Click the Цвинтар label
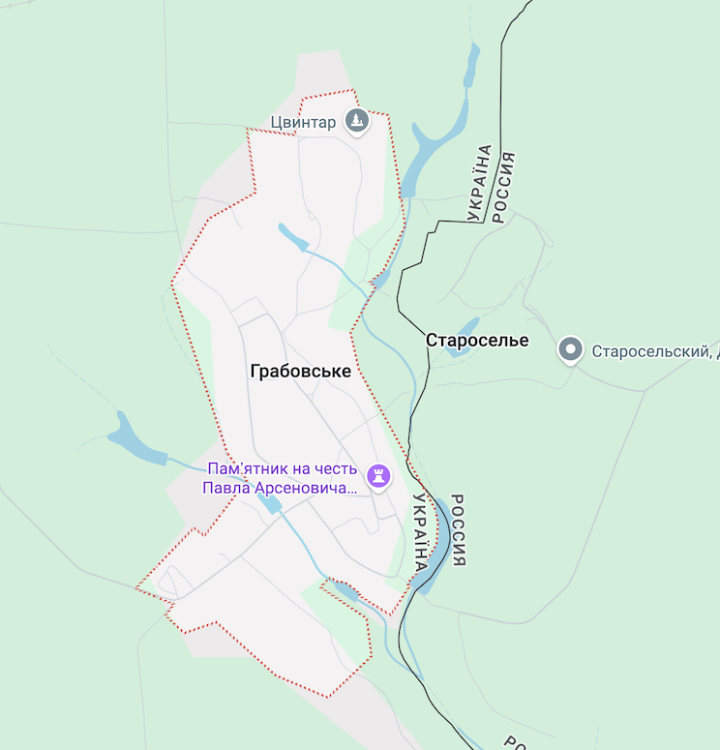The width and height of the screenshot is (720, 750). click(303, 122)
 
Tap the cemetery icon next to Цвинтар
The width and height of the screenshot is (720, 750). click(358, 122)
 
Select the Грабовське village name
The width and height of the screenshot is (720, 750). click(300, 371)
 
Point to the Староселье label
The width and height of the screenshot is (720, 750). click(477, 341)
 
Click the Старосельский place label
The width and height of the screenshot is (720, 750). click(654, 350)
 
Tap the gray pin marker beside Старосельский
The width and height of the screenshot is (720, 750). click(571, 349)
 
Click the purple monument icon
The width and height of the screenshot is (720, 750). click(378, 474)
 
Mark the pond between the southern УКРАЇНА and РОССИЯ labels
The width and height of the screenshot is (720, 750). click(440, 542)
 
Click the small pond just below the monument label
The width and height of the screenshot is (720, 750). click(270, 503)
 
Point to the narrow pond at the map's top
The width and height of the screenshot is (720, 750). click(471, 73)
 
